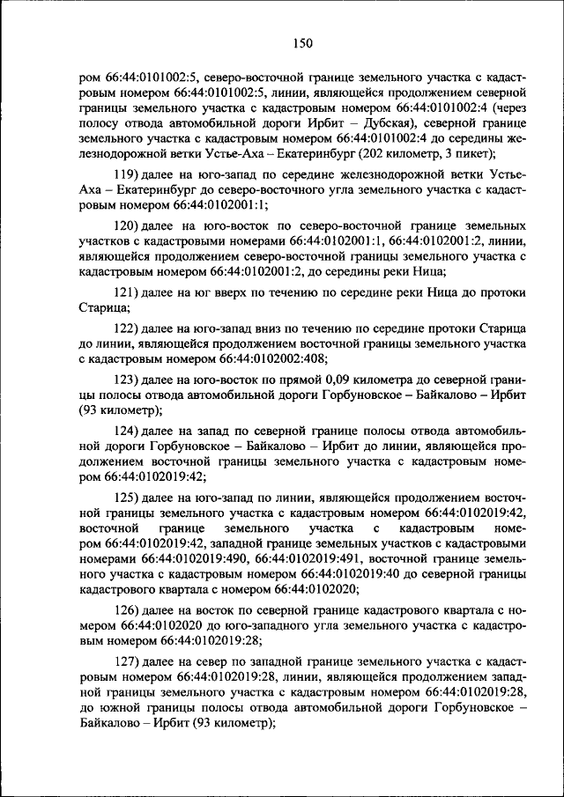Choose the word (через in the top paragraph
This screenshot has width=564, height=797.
508,107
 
